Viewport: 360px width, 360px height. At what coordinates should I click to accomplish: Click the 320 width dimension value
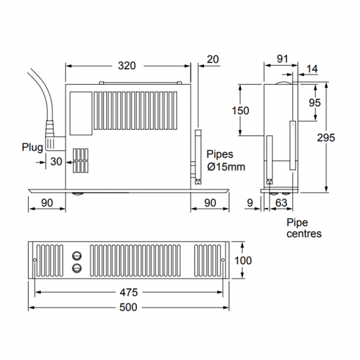(127, 66)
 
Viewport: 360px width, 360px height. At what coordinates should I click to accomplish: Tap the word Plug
(32, 147)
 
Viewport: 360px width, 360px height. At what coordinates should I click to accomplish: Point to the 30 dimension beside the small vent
(56, 162)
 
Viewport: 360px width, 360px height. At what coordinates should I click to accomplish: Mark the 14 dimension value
(312, 69)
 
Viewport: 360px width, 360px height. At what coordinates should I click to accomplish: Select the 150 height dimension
(240, 110)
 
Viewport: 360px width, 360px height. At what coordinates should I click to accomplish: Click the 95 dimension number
(315, 103)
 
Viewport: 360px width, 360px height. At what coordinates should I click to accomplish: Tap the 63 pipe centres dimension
(281, 203)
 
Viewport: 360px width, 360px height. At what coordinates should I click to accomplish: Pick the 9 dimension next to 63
(251, 203)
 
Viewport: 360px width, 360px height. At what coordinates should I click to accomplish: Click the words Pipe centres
(304, 228)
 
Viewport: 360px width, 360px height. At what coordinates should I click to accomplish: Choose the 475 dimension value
(128, 292)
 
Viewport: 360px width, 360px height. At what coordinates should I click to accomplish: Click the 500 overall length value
(128, 307)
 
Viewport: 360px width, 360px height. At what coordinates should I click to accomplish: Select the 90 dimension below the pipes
(210, 203)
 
